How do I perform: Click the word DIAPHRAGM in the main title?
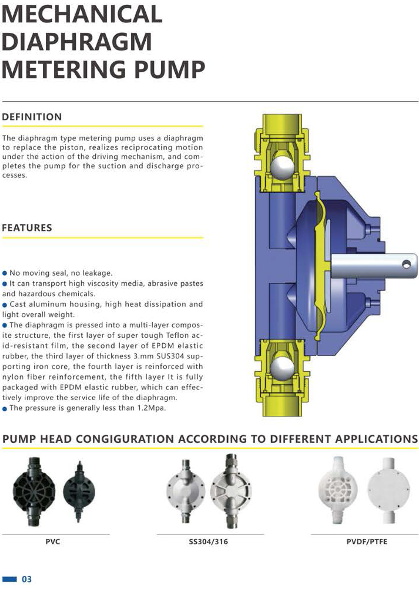pyautogui.click(x=77, y=41)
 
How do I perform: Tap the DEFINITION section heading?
pyautogui.click(x=32, y=117)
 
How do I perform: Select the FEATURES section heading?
pyautogui.click(x=27, y=228)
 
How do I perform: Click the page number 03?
pyautogui.click(x=27, y=579)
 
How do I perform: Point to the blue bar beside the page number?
pyautogui.click(x=9, y=579)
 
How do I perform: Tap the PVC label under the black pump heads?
pyautogui.click(x=53, y=541)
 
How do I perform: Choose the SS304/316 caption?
pyautogui.click(x=208, y=541)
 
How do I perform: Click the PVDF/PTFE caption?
pyautogui.click(x=366, y=541)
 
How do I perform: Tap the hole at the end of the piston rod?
pyautogui.click(x=407, y=264)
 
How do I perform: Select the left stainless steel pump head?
pyautogui.click(x=185, y=491)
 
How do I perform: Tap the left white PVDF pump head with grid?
pyautogui.click(x=338, y=489)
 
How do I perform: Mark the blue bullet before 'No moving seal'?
pyautogui.click(x=5, y=273)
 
